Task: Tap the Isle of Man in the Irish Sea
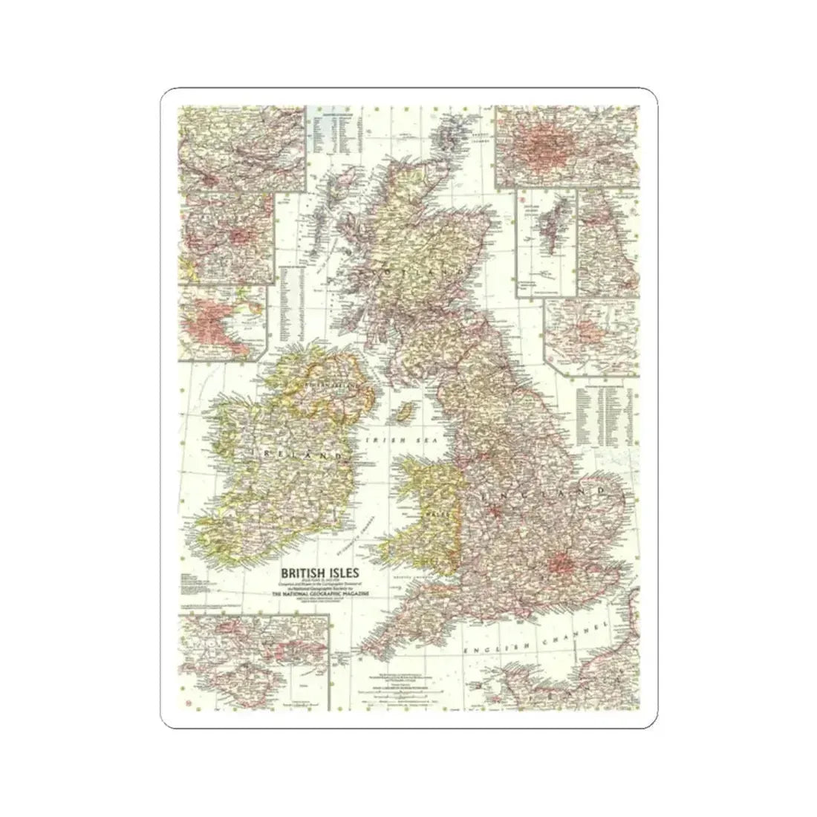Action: coord(405,411)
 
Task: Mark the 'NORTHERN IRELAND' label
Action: coord(328,387)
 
